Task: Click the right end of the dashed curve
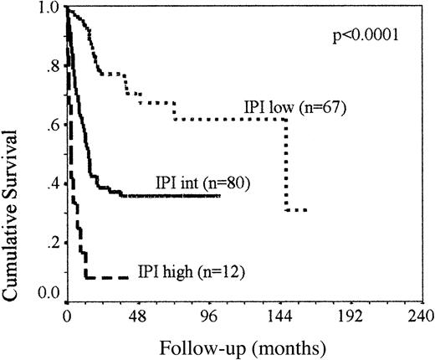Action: click(x=128, y=277)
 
